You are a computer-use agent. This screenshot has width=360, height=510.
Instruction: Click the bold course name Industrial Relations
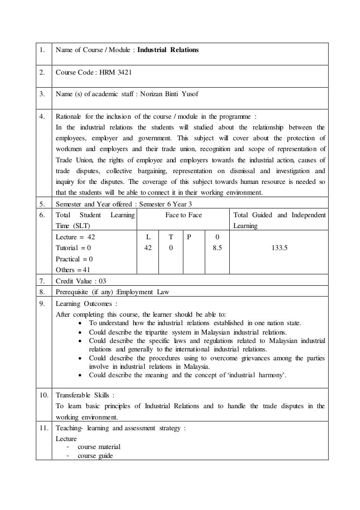pyautogui.click(x=168, y=50)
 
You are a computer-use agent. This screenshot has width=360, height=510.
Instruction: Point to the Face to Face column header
pyautogui.click(x=183, y=215)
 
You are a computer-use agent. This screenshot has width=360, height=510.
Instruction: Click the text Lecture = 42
pyautogui.click(x=75, y=237)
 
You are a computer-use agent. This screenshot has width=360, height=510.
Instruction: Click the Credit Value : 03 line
pyautogui.click(x=81, y=281)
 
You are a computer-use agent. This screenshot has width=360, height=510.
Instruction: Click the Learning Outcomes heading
pyautogui.click(x=83, y=303)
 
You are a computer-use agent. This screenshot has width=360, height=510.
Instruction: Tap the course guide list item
pyautogui.click(x=95, y=455)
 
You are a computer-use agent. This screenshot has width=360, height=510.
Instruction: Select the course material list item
pyautogui.click(x=98, y=447)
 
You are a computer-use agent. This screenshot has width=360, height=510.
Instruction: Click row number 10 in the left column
pyautogui.click(x=43, y=395)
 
